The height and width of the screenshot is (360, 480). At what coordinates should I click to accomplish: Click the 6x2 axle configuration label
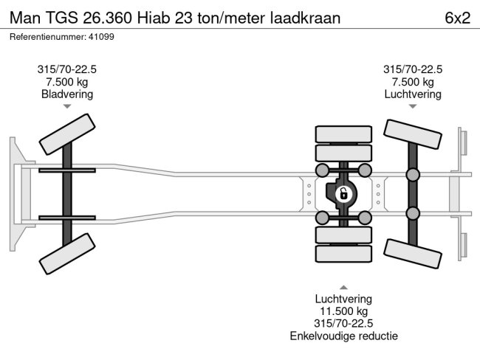tap(457, 18)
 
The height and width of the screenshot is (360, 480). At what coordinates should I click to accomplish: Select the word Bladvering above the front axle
tap(67, 94)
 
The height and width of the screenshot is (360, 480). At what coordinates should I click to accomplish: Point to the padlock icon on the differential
tap(343, 195)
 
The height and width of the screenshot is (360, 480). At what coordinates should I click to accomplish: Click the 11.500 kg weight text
tap(343, 311)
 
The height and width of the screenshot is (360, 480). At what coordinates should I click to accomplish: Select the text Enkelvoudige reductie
tap(343, 336)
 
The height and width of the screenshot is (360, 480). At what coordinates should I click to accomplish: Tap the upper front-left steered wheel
tap(67, 133)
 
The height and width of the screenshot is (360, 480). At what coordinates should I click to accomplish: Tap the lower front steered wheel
tap(67, 255)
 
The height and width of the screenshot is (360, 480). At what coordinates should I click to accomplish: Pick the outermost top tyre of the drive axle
tap(343, 134)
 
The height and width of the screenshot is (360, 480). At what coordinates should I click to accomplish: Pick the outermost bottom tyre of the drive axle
tap(343, 255)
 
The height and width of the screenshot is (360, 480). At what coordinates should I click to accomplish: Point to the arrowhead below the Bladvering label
tap(67, 107)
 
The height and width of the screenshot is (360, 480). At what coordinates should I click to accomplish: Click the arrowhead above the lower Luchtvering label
tap(343, 286)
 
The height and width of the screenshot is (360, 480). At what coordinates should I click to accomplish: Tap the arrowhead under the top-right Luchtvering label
tap(413, 107)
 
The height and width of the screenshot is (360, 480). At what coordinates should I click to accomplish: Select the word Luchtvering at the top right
tap(413, 94)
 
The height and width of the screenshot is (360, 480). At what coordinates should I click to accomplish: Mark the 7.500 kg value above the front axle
tap(67, 81)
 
